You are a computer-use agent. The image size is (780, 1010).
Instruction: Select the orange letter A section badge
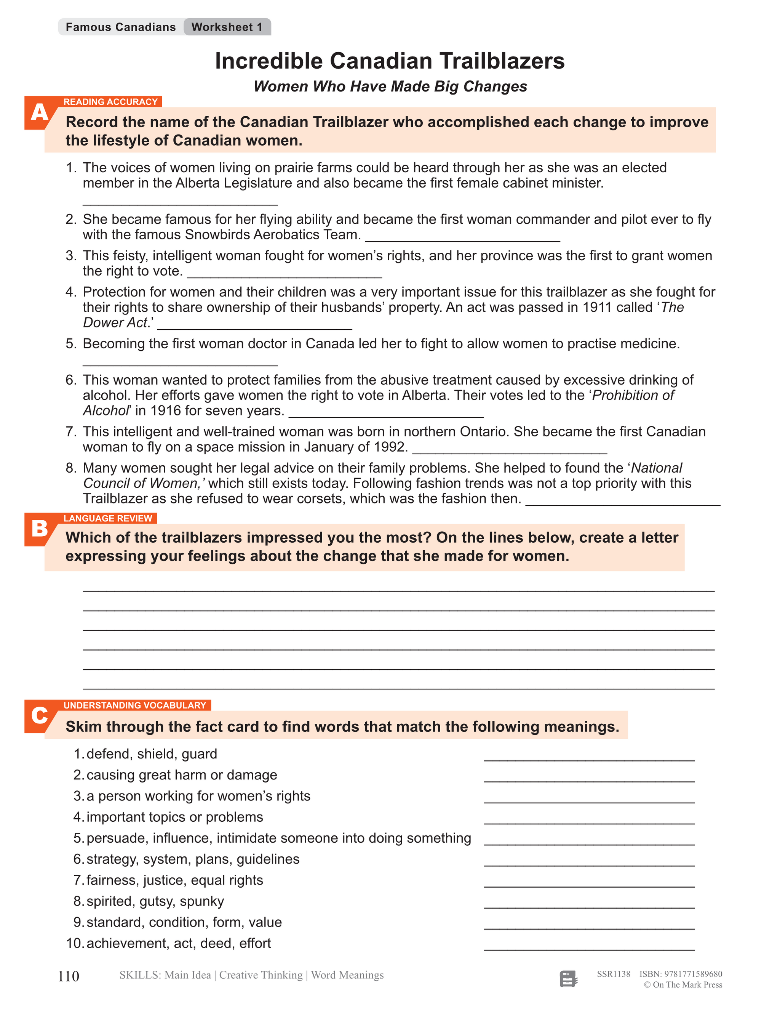tap(39, 113)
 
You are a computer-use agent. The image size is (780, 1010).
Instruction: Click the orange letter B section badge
tap(39, 529)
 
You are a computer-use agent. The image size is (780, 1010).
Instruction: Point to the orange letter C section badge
tap(39, 715)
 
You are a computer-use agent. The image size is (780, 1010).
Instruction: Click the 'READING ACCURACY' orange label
tap(110, 102)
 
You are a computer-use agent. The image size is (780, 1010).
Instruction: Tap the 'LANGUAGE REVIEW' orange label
tap(108, 518)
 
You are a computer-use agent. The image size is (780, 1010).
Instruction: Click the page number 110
tap(69, 976)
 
